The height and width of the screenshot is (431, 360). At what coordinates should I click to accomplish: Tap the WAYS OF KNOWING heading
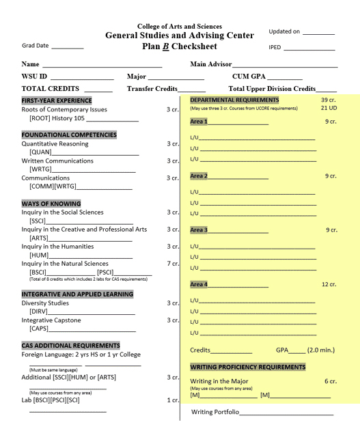tap(51, 204)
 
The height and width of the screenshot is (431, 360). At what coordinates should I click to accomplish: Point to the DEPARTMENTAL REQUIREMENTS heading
tap(234, 100)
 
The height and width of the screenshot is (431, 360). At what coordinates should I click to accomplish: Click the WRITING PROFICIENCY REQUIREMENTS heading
tap(248, 367)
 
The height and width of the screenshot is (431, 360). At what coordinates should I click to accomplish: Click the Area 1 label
tap(199, 122)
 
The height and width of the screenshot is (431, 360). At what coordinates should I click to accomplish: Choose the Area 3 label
tap(199, 230)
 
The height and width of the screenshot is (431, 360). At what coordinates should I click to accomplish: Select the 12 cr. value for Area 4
tap(329, 284)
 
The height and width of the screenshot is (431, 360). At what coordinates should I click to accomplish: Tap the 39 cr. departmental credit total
tap(329, 100)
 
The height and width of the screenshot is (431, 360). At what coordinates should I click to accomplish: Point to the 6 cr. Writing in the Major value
tap(331, 381)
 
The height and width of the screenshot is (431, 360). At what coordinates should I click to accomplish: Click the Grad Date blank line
tap(67, 48)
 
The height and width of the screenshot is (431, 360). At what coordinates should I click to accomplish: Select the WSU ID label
tap(35, 76)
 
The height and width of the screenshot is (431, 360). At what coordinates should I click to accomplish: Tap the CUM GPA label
tap(249, 76)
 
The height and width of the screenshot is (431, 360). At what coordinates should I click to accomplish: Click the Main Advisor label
tap(211, 64)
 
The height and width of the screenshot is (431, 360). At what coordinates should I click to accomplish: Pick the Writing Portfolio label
tap(215, 412)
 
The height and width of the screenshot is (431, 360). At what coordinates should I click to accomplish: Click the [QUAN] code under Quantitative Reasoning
tap(40, 152)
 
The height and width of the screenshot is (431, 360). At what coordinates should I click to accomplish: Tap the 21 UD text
tap(329, 109)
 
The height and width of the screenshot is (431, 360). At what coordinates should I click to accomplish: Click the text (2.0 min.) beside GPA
tap(321, 350)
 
